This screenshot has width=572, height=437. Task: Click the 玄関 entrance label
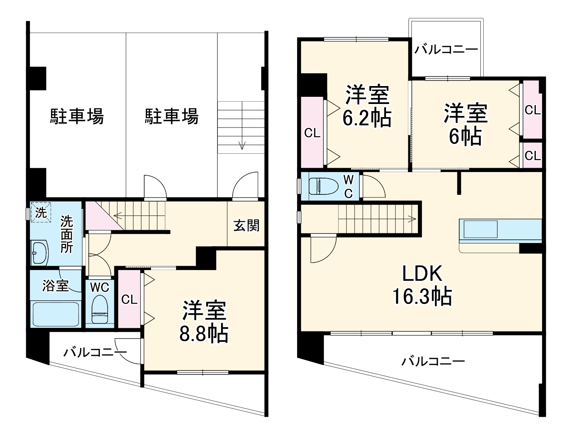pyautogui.click(x=246, y=225)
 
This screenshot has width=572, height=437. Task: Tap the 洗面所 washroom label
pyautogui.click(x=67, y=234)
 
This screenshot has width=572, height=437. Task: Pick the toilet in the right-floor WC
pyautogui.click(x=320, y=186)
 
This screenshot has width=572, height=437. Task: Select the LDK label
pyautogui.click(x=422, y=274)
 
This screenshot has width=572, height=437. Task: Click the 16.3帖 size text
pyautogui.click(x=422, y=296)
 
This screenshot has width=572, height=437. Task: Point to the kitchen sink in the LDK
pyautogui.click(x=478, y=229)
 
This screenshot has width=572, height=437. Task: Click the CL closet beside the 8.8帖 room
pyautogui.click(x=129, y=299)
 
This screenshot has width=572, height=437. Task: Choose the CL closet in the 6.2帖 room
pyautogui.click(x=312, y=133)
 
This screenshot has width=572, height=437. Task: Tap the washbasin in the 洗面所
pyautogui.click(x=39, y=252)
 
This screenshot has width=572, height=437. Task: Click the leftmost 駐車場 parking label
pyautogui.click(x=77, y=116)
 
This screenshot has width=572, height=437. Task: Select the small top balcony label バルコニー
pyautogui.click(x=446, y=50)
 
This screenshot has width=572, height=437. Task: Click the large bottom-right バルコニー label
pyautogui.click(x=433, y=361)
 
